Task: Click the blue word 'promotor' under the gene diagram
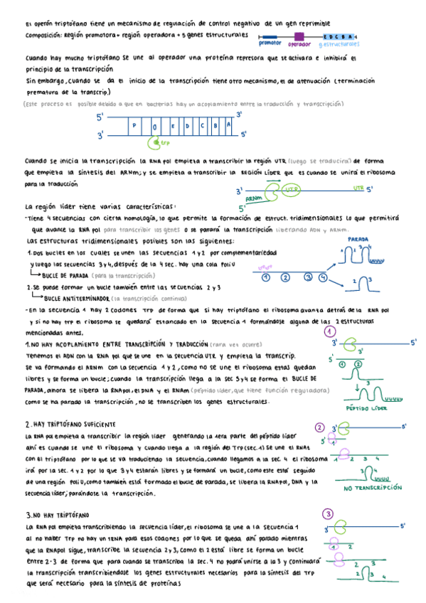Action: tap(270, 44)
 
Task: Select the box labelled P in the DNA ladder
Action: tap(134, 126)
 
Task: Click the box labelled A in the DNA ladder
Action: tap(228, 126)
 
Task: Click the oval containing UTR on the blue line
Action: tap(290, 190)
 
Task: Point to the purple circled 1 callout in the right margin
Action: tap(329, 331)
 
